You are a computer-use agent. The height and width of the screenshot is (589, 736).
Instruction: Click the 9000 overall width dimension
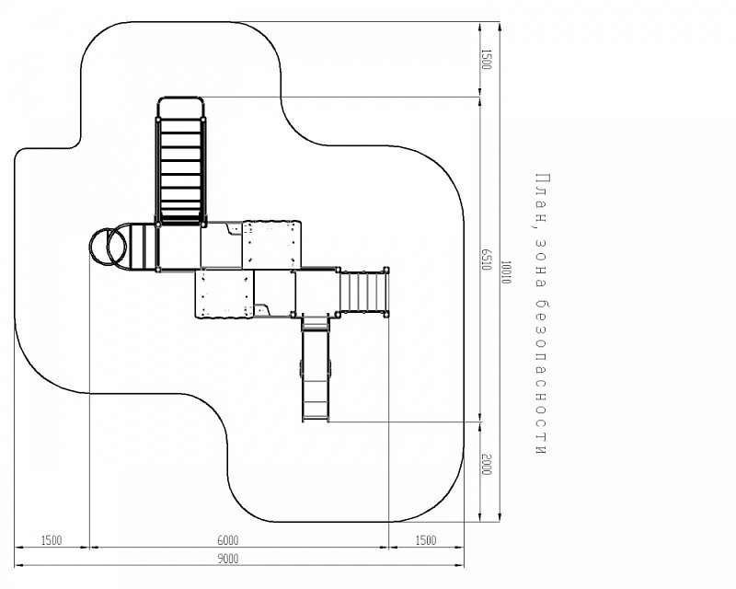(x=228, y=559)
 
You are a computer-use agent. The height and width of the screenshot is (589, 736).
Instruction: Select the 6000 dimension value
(x=228, y=540)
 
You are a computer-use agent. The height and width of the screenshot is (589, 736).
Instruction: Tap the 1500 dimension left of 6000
(x=52, y=540)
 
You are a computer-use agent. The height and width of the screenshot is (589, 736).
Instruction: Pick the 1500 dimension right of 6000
(x=426, y=540)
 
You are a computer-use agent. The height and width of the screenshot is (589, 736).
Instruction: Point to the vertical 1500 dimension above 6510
(x=487, y=59)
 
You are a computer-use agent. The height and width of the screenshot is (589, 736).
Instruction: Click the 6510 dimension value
(x=487, y=260)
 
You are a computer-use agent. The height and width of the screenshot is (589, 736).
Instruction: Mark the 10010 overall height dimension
(x=505, y=272)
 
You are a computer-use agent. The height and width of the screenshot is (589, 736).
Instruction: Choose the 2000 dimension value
(x=487, y=465)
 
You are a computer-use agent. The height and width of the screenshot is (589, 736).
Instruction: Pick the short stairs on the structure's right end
(x=363, y=291)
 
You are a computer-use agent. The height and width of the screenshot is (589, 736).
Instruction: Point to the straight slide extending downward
(x=316, y=368)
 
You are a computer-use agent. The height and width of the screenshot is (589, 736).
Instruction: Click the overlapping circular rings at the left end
(x=109, y=246)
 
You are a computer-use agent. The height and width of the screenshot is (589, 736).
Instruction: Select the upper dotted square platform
(x=271, y=244)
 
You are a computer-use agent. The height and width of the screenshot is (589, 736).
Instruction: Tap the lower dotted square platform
(x=224, y=293)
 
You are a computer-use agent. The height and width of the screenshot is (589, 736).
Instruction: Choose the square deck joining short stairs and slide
(x=316, y=291)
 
